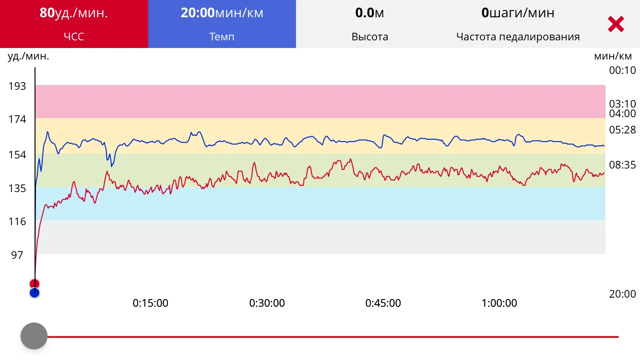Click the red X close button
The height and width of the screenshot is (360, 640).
(616, 24)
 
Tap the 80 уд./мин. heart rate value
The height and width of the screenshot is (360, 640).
(74, 13)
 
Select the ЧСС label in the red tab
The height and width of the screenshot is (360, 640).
(74, 36)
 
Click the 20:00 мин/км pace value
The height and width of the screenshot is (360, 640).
(222, 13)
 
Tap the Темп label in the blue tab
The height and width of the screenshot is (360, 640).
(222, 36)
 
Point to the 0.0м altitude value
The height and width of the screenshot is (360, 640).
(369, 13)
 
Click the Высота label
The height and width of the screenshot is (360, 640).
(369, 36)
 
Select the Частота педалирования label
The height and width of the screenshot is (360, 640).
(518, 36)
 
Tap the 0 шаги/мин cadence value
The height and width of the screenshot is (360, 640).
(518, 13)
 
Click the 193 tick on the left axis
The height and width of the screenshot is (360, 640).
(17, 86)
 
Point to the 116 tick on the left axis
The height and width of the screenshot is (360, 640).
(17, 222)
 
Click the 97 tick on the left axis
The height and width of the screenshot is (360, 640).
(17, 255)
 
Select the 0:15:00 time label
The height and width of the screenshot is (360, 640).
(150, 303)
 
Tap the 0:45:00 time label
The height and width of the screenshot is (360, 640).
(383, 303)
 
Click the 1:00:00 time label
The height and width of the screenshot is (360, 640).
(499, 303)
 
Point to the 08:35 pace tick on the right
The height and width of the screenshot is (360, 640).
(622, 165)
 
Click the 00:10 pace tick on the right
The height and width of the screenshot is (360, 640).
(622, 71)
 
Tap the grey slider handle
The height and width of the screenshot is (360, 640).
(34, 336)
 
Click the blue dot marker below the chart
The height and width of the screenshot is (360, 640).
(34, 293)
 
